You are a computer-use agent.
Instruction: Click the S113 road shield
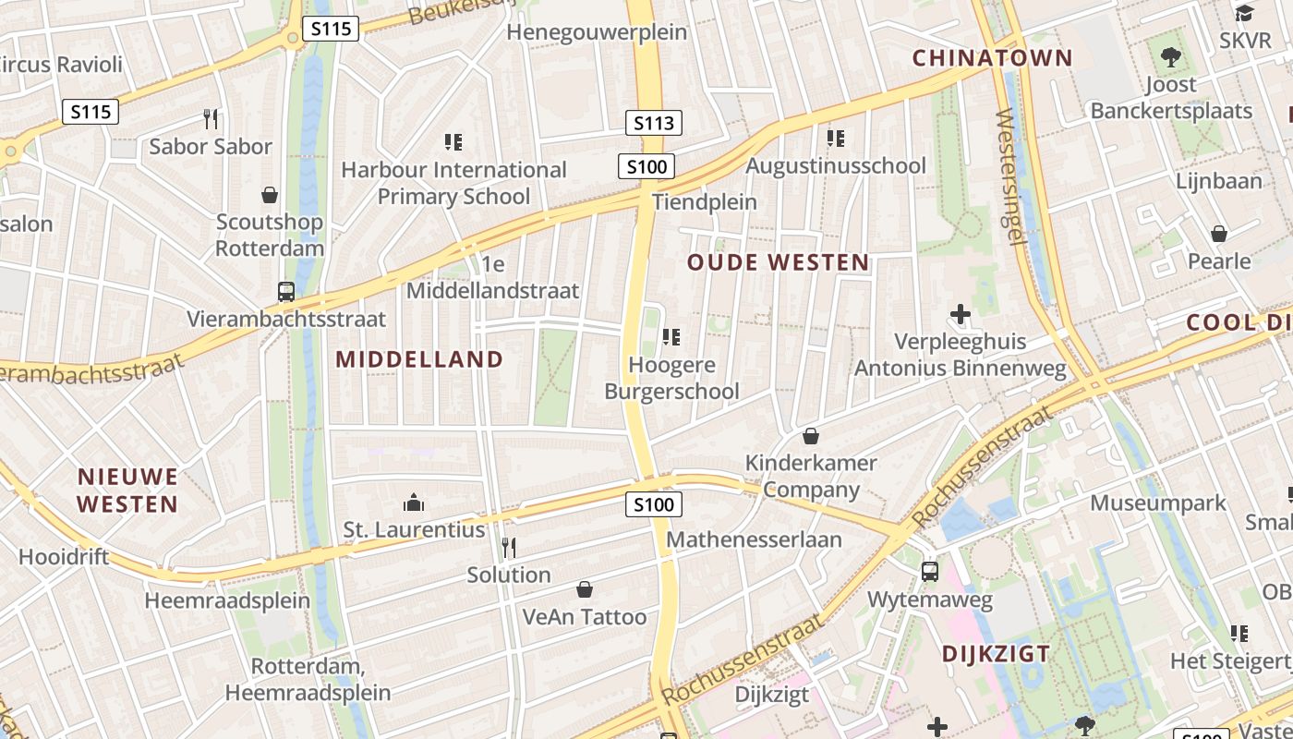[653, 123]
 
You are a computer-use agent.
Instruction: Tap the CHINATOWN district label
[993, 58]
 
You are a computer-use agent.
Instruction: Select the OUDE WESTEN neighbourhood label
[779, 262]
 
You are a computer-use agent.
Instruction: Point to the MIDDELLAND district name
[419, 359]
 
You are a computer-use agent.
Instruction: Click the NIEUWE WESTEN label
[127, 491]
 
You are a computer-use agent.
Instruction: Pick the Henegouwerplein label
[598, 32]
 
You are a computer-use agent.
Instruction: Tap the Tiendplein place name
[704, 201]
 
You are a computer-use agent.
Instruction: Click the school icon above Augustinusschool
[836, 139]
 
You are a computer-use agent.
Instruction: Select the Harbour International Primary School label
[453, 183]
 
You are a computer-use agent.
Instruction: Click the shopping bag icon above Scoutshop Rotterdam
[270, 195]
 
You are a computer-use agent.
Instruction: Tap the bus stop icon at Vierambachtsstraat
[286, 292]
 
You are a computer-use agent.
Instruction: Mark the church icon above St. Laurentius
[413, 503]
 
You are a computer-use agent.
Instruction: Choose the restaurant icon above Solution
[508, 547]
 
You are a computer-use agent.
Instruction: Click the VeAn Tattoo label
[585, 617]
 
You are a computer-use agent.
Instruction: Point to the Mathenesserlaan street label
[754, 539]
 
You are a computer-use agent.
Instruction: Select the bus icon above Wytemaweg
[930, 572]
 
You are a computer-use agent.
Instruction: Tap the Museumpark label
[1158, 503]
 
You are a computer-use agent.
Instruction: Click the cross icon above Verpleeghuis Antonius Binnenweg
[961, 314]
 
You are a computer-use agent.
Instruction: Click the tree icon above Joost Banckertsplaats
[1171, 57]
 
